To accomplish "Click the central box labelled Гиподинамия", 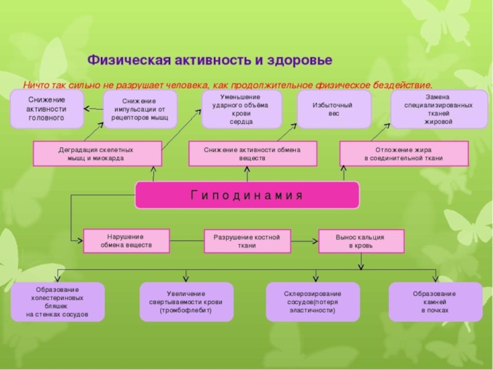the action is click(x=247, y=195).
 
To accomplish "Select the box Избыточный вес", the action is click(x=334, y=110).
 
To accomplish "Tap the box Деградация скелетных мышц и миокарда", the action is click(x=97, y=154).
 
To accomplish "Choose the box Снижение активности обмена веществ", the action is click(x=253, y=154).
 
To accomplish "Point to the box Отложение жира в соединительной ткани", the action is click(x=404, y=154).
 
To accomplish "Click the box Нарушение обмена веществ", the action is click(x=126, y=241).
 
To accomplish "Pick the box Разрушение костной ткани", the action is click(x=248, y=241).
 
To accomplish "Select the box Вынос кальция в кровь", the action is click(x=362, y=241).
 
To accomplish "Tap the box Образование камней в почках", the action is click(x=436, y=302).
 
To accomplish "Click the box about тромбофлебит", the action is click(x=187, y=302).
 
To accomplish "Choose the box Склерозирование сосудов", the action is click(x=313, y=302).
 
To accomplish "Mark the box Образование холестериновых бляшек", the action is click(x=57, y=302).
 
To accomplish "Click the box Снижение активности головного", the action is click(x=47, y=109).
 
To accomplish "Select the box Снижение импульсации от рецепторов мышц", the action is click(x=141, y=110).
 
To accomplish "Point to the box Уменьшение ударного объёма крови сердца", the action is click(x=242, y=110).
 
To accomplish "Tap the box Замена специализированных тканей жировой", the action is click(x=439, y=110).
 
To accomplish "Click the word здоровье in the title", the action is click(x=299, y=60).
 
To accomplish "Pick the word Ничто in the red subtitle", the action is click(x=35, y=85).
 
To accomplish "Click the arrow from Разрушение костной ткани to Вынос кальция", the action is click(x=304, y=241).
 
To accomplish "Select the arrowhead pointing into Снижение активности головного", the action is click(x=87, y=109).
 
